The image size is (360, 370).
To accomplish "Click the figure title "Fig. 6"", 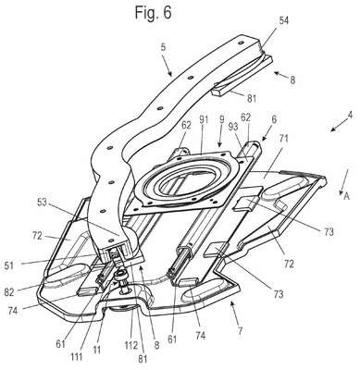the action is pos(153,12).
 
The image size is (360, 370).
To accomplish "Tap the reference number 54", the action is pos(284,20).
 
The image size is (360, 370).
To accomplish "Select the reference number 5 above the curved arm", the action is pos(163,47).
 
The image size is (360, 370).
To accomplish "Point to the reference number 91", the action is pos(204,119).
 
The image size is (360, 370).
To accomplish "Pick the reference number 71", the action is pos(284,138).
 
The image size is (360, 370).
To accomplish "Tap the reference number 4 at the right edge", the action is pos(350,116).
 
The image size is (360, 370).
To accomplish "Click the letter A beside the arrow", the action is pos(347,196).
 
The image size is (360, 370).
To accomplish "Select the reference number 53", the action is pos(43,203).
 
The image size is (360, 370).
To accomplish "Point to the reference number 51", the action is pos(9,265).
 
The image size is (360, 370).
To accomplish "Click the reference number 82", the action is pos(9,292).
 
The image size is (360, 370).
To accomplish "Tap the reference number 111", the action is pos(76,357).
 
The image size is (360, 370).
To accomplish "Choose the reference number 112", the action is pos(131,345).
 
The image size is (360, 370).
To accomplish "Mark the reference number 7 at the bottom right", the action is pos(240,331).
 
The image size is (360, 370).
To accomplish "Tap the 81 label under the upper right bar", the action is pos(251,99).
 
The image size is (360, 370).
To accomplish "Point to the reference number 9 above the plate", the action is pos(220,118).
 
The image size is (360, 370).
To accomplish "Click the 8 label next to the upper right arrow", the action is pos(292,80).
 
